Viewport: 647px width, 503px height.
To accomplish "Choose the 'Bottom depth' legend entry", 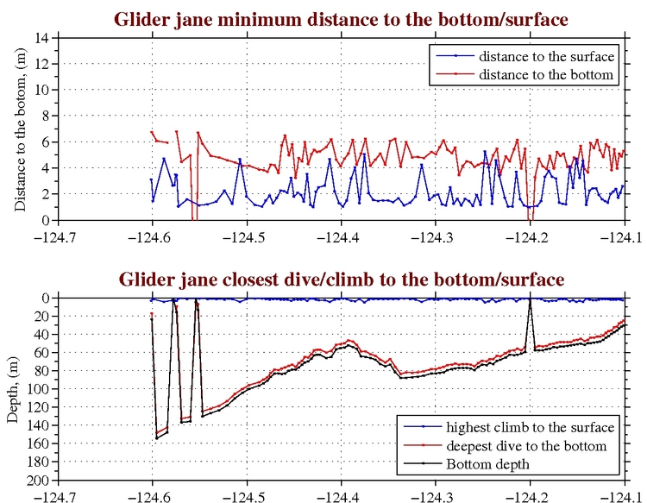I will [488, 464].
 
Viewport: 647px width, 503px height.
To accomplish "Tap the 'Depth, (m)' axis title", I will [13, 388].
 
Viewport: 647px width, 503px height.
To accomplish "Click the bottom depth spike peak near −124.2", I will [530, 299].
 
